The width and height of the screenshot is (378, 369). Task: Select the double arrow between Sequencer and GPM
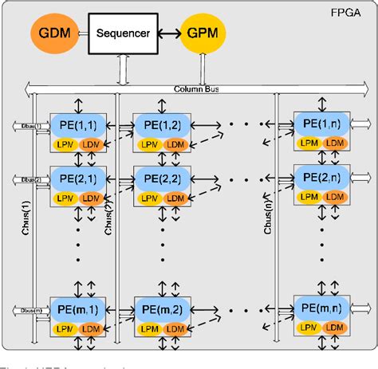165,35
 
